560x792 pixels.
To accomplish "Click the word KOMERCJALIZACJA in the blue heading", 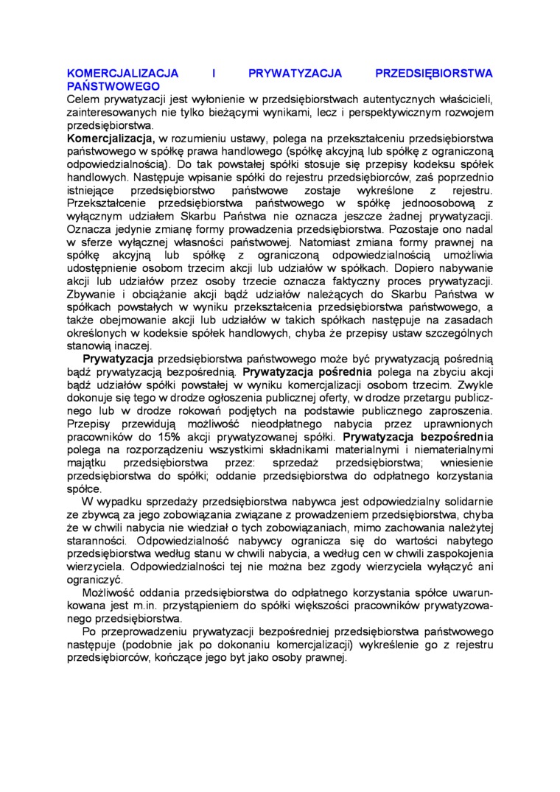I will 123,74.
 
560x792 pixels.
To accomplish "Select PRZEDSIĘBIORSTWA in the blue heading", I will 434,74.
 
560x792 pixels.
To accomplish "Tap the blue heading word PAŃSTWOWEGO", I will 113,86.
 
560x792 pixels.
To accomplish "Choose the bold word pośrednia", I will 344,371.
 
